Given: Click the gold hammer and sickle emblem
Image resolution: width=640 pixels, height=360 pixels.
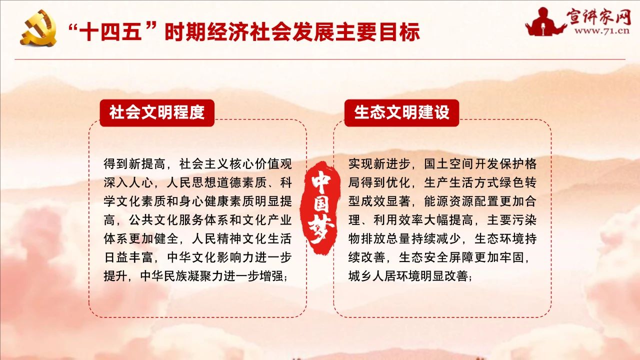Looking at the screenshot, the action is [38, 27].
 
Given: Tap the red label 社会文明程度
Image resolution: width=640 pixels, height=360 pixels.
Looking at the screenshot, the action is [157, 112].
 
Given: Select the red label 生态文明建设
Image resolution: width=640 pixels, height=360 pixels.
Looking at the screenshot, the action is [401, 112].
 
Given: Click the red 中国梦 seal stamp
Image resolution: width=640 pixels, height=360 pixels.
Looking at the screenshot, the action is [320, 207].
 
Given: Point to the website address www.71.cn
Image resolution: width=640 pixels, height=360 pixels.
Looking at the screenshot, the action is [601, 30].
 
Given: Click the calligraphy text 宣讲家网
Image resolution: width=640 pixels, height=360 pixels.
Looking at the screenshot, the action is [598, 16].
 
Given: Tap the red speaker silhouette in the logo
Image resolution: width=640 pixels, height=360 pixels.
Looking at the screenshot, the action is [544, 22].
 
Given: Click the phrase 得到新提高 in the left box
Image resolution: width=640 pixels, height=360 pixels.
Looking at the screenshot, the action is [134, 164].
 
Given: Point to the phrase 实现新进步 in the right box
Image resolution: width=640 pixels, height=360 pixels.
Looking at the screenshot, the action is [379, 164].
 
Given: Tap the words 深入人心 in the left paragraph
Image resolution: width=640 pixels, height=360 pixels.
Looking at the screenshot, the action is [128, 183].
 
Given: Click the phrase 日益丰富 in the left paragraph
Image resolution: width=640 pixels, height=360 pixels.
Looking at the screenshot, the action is [128, 257].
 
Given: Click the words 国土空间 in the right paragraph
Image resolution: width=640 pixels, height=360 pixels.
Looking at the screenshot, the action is [449, 164].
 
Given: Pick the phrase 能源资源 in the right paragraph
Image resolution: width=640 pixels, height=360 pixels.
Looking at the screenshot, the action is [449, 201].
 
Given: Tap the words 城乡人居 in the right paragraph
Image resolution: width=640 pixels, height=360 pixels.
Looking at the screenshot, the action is [373, 276].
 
